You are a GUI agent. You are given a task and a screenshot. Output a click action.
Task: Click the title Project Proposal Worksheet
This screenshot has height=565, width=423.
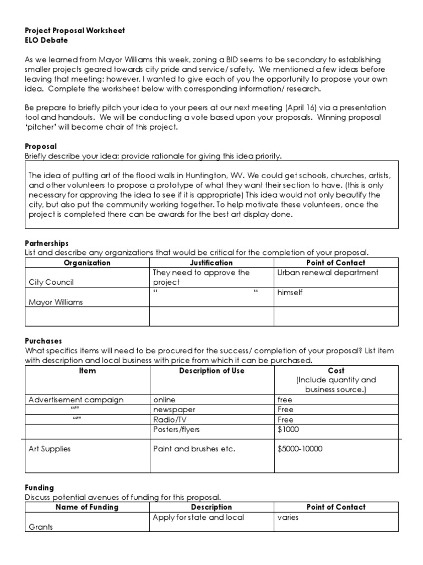pos(75,30)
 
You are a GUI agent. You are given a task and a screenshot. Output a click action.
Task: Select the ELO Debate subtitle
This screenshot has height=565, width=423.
pos(47,40)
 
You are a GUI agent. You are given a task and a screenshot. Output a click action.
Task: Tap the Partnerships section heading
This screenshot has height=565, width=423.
pos(47,243)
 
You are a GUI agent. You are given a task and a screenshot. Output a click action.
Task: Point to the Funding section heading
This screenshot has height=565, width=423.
pos(40,487)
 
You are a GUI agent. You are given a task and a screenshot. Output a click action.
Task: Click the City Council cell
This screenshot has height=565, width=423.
pos(51,282)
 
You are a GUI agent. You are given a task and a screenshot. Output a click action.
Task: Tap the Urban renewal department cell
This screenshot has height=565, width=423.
pos(328,273)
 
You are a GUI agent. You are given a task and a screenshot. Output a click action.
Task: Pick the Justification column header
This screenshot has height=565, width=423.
pos(211,263)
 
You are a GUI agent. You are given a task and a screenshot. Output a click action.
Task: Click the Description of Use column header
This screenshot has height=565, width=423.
pos(211,370)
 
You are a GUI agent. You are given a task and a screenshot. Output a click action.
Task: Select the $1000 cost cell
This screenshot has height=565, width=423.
pos(288,429)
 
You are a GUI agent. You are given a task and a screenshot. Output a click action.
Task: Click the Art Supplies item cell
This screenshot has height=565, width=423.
pos(50,449)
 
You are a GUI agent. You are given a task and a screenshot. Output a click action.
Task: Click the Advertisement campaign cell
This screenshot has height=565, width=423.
pos(76,399)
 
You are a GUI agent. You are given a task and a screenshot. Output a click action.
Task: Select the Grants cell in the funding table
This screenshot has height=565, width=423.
pos(41,527)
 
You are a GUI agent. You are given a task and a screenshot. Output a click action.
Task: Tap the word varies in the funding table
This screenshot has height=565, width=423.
pos(288,518)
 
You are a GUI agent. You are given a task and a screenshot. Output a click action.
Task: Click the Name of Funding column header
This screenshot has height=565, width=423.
pos(87,507)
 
